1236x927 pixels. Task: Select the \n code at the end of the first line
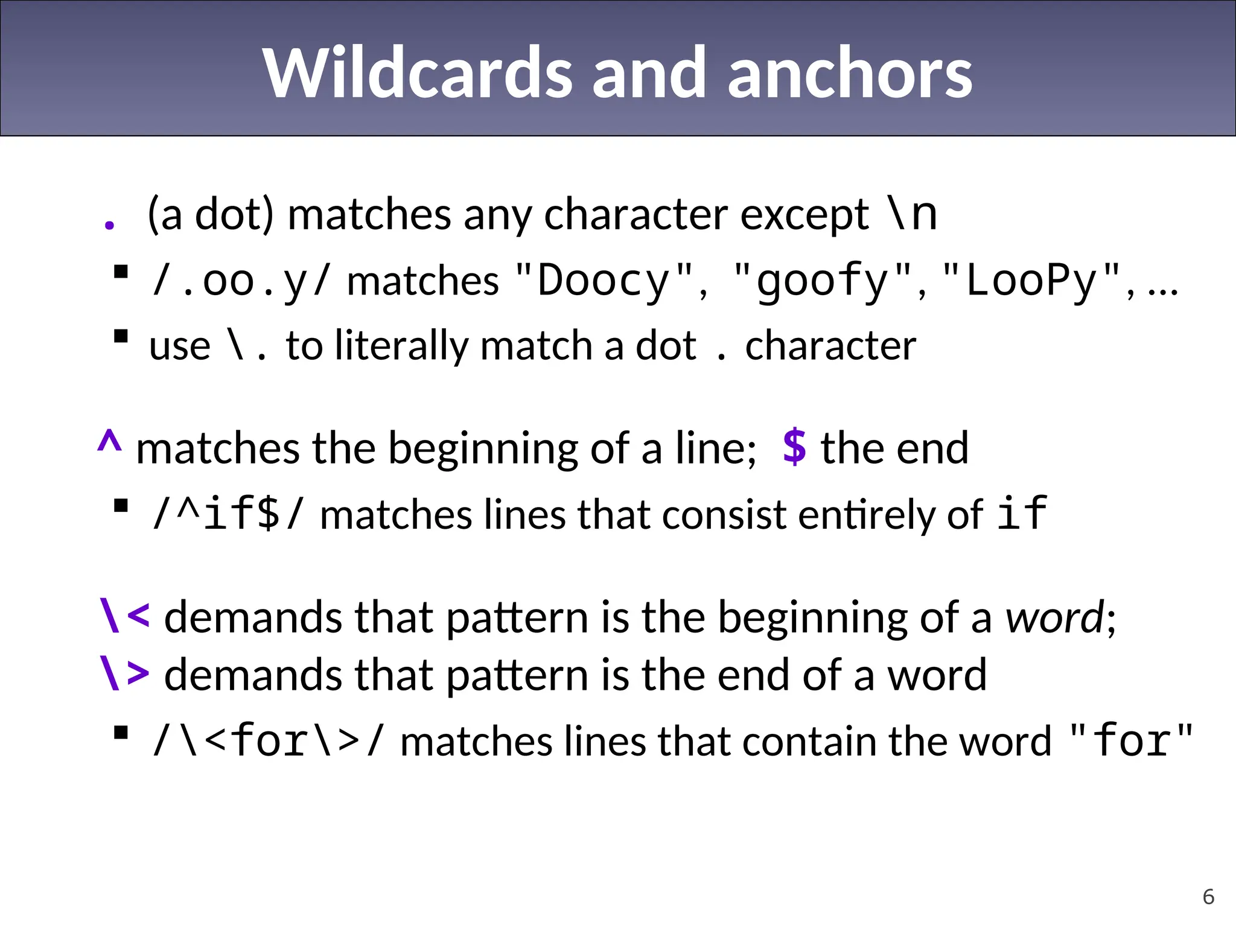click(x=912, y=214)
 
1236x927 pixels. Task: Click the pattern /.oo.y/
click(x=241, y=281)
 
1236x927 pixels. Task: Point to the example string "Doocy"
click(x=604, y=281)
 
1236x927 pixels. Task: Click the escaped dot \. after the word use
click(x=246, y=346)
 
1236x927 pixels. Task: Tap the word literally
click(x=401, y=346)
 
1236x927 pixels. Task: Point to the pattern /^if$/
click(x=229, y=514)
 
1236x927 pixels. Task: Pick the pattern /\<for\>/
click(x=268, y=741)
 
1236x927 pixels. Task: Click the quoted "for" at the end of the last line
click(x=1130, y=741)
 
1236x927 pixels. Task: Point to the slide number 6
click(x=1208, y=897)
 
